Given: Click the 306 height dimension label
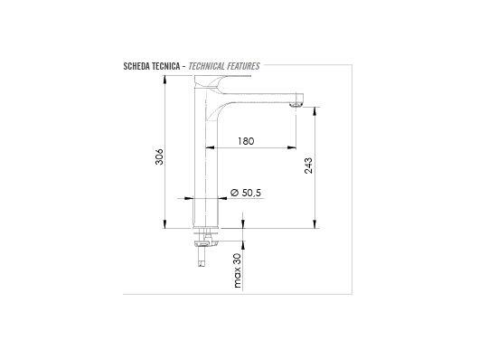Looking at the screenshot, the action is (x=159, y=156).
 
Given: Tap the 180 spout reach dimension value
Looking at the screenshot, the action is (x=246, y=141).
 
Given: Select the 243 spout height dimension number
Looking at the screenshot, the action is (x=308, y=166).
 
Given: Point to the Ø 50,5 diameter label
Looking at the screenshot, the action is (x=246, y=193).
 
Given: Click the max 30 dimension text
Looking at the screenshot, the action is (x=238, y=270).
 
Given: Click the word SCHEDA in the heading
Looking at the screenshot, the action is (x=135, y=66).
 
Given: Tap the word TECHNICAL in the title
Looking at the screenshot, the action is (x=206, y=66).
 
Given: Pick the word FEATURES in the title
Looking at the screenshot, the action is (x=243, y=66).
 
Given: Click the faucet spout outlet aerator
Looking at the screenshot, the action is (x=296, y=105).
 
